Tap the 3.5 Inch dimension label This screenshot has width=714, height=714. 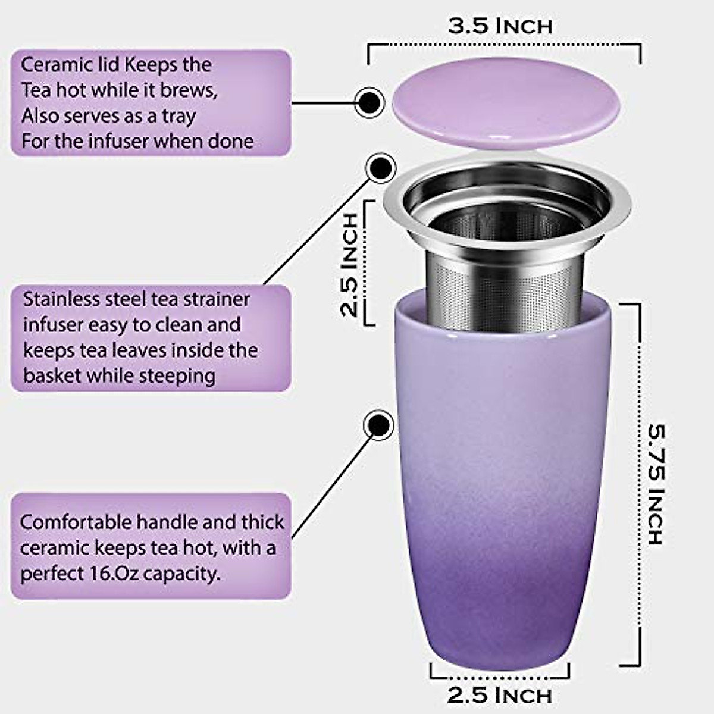click(500, 26)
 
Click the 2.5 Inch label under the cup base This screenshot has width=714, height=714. click(500, 695)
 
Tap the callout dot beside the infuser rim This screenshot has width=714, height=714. click(380, 168)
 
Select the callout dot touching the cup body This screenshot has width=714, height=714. click(378, 425)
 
